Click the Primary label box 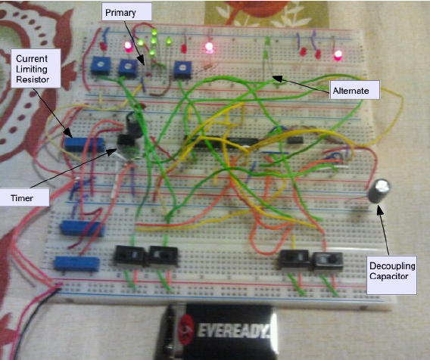(x=126, y=12)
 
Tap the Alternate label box (x=354, y=90)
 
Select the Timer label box (x=24, y=197)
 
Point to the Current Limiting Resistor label (x=36, y=68)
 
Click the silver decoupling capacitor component (x=379, y=191)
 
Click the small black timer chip (x=126, y=140)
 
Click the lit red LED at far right (x=338, y=56)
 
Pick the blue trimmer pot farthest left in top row (x=101, y=65)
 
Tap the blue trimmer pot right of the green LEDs (x=182, y=70)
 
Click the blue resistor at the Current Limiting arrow (x=85, y=144)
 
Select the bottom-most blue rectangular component (x=76, y=263)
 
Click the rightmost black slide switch (x=328, y=261)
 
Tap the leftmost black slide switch (x=129, y=256)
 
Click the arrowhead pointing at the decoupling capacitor (x=379, y=209)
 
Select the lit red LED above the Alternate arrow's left (x=209, y=48)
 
